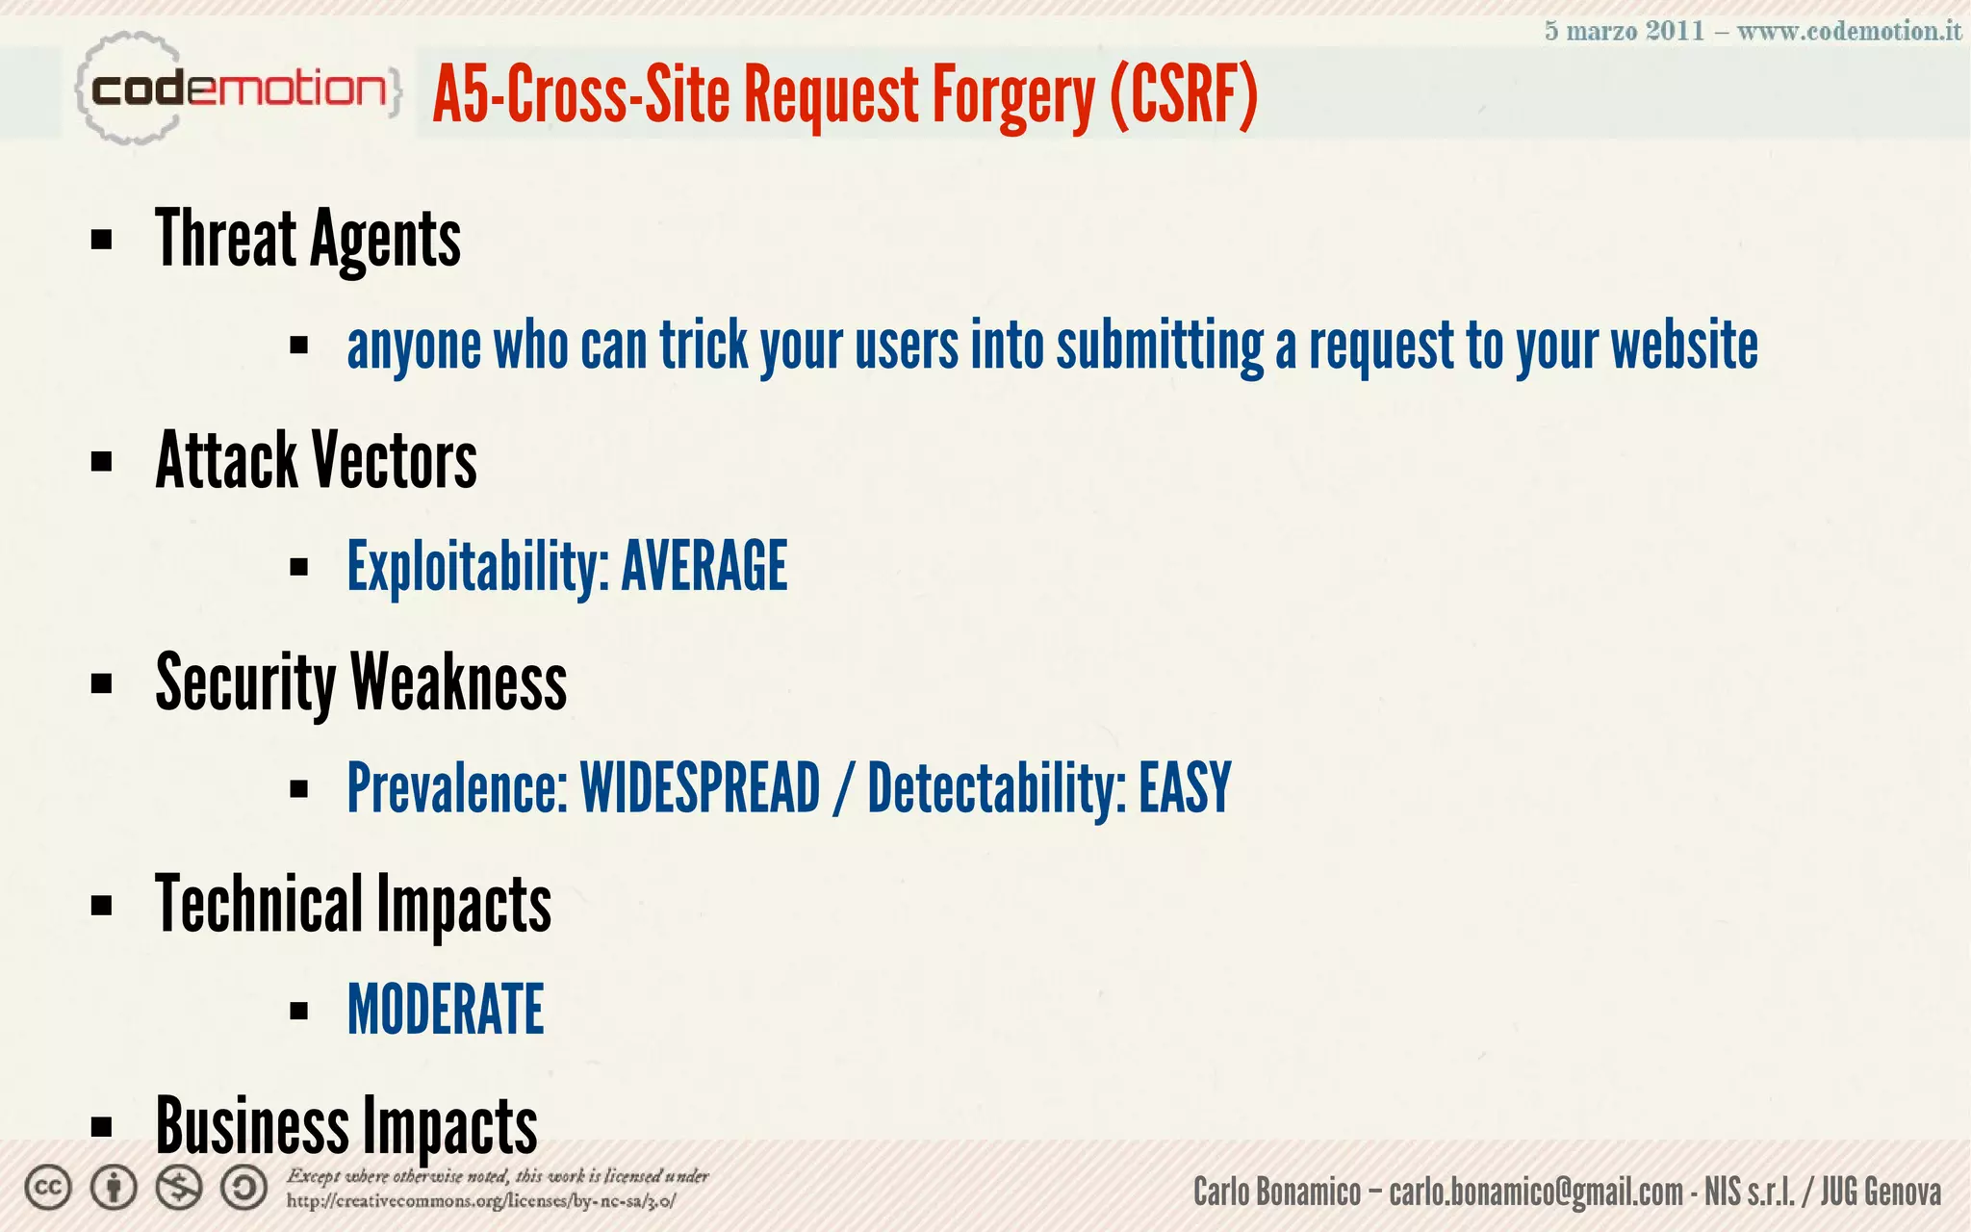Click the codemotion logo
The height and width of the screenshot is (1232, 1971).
[237, 90]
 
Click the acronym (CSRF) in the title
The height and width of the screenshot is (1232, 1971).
[1183, 94]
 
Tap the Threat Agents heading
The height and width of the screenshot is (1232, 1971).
[308, 240]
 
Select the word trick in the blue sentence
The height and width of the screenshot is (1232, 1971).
[704, 346]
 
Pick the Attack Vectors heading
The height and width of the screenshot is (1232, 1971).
[316, 461]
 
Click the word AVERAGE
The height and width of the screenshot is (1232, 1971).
[704, 567]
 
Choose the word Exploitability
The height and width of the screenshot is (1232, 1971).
[477, 567]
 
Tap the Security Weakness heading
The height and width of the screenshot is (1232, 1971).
[361, 682]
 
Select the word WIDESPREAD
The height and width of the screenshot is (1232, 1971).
[700, 788]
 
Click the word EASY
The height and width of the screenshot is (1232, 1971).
[1185, 788]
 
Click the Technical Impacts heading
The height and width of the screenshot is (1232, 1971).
[353, 905]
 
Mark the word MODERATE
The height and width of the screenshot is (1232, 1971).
[446, 1010]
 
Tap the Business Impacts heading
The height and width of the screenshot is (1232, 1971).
[346, 1125]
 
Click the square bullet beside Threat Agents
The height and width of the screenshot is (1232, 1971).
[101, 240]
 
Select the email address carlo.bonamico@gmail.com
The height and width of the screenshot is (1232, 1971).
[1535, 1193]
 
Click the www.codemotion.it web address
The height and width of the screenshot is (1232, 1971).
[1849, 31]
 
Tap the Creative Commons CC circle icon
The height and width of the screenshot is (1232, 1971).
[48, 1188]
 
